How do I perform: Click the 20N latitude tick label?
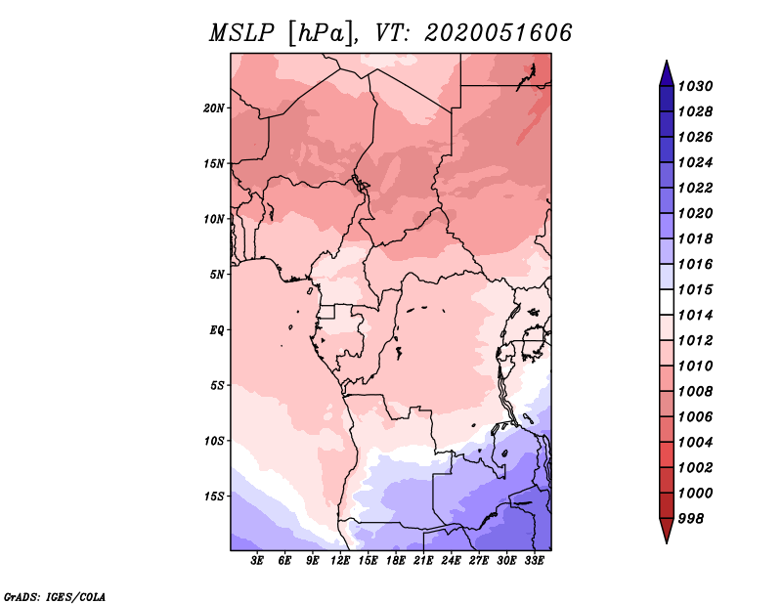(x=214, y=108)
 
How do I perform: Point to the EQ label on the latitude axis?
(x=217, y=330)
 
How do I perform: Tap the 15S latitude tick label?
(x=214, y=496)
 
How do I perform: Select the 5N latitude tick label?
(x=217, y=275)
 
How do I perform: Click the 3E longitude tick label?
(x=257, y=561)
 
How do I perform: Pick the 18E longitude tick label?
(x=396, y=561)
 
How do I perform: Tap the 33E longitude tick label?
(x=534, y=561)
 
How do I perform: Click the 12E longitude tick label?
(x=340, y=561)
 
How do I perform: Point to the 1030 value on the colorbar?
(x=696, y=86)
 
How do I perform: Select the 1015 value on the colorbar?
(x=696, y=289)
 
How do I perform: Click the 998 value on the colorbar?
(x=691, y=519)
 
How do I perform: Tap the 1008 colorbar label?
(x=696, y=392)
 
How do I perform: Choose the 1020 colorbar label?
(x=696, y=213)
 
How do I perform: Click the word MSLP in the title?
(x=241, y=33)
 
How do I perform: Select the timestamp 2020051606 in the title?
(x=499, y=33)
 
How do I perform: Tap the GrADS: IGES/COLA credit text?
(x=55, y=597)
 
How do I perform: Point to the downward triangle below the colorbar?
(x=667, y=529)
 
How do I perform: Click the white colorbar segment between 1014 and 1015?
(x=667, y=302)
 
